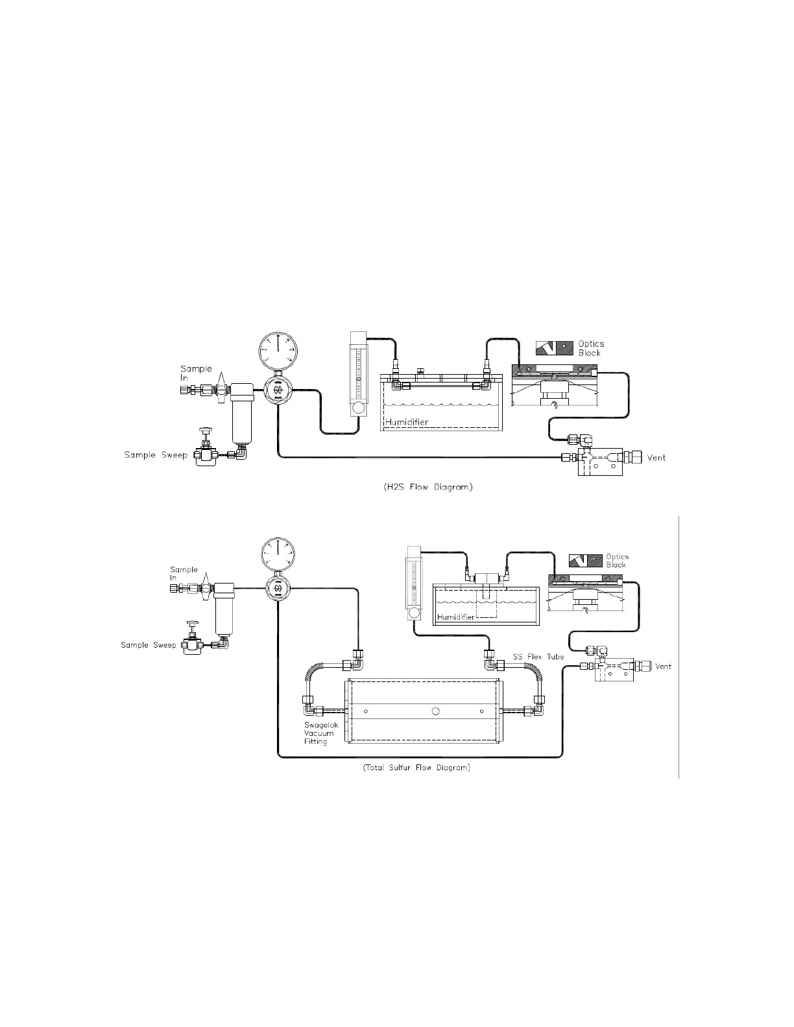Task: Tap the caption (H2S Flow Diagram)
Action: coord(424,487)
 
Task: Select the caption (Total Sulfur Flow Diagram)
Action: coord(416,768)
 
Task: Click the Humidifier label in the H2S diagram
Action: coord(407,422)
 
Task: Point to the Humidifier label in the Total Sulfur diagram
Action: coord(456,617)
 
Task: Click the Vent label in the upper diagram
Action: coord(656,458)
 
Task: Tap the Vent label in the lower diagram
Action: coord(663,667)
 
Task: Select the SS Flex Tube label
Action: coord(538,656)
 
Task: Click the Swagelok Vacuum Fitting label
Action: coord(319,733)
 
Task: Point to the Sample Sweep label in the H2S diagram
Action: coord(156,455)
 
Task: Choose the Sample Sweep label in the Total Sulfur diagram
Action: coord(149,645)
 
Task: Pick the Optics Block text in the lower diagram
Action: coord(616,560)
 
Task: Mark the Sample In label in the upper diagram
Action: coord(195,373)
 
